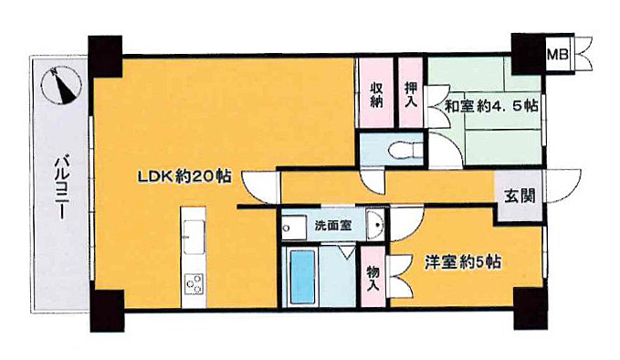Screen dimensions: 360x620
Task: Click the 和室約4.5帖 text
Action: tap(491, 105)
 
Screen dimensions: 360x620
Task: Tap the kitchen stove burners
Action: tap(194, 283)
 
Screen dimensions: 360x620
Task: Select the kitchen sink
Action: tap(193, 239)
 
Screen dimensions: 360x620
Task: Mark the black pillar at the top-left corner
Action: tap(104, 56)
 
